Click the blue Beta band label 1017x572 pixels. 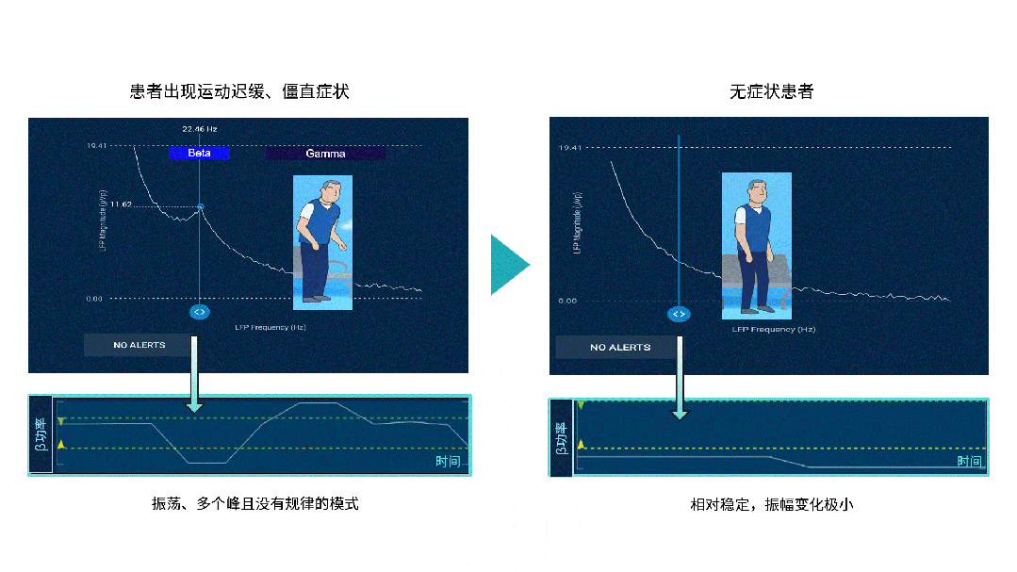coord(199,153)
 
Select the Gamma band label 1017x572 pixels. coord(325,154)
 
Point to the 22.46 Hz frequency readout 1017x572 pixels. coord(200,129)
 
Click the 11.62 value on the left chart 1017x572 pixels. coord(121,204)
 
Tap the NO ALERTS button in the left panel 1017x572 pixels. coord(139,345)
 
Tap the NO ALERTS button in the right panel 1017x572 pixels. coord(615,348)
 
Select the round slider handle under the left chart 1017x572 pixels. coord(199,311)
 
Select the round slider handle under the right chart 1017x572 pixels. coord(679,314)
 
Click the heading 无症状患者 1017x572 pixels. coord(771,91)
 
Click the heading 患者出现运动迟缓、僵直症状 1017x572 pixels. coord(239,91)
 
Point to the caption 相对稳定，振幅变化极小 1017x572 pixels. coord(771,504)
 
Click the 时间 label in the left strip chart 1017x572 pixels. coord(448,462)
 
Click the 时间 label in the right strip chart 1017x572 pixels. coord(969,461)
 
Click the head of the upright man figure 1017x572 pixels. coord(755,191)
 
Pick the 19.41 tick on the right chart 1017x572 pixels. coord(569,148)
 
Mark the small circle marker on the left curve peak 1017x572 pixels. coord(200,206)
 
